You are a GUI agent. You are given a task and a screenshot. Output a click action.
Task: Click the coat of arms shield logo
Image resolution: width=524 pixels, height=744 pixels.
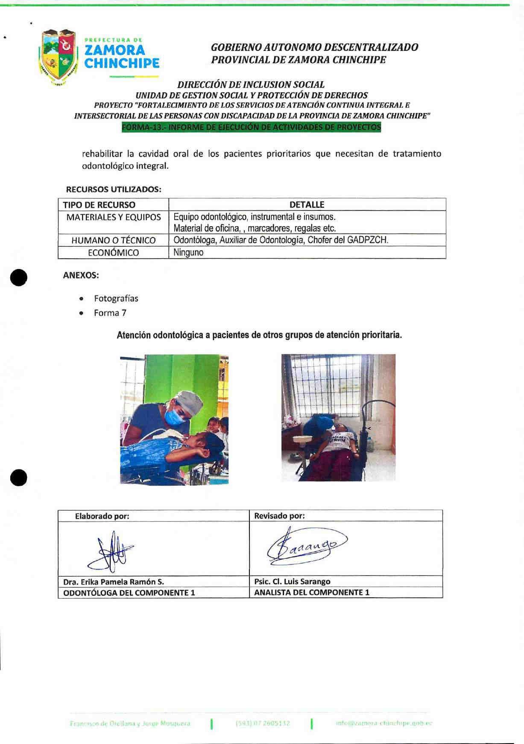59,57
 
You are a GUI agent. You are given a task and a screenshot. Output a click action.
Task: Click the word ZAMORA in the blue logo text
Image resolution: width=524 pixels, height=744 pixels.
115,50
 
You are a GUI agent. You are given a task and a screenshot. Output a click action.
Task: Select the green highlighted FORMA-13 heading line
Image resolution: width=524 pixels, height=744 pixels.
251,127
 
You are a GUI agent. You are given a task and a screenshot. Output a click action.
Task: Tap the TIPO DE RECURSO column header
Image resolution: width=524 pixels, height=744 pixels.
99,205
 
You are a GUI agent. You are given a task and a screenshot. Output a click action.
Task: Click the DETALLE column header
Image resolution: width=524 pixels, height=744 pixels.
307,205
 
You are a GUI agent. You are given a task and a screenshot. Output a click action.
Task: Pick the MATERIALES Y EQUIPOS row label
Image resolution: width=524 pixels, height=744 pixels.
114,217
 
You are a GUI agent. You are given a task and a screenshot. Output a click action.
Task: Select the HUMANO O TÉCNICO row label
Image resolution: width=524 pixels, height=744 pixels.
114,240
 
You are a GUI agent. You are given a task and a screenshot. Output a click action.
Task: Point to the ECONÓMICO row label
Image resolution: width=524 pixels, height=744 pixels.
114,253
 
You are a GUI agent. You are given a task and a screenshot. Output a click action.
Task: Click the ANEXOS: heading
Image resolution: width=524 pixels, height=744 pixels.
81,275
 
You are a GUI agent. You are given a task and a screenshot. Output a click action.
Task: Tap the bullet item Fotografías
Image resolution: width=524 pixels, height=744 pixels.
116,298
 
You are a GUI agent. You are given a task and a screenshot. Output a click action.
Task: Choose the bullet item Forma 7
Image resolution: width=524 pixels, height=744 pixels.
110,313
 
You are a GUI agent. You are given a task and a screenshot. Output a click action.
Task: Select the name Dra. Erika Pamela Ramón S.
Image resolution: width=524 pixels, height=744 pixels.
114,582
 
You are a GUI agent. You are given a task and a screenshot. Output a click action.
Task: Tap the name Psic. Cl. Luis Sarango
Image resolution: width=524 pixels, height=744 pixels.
292,582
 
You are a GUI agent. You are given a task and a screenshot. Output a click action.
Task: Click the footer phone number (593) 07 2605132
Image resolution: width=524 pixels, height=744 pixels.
263,723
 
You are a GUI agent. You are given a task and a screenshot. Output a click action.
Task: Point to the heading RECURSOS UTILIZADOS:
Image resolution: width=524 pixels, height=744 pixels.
114,189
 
